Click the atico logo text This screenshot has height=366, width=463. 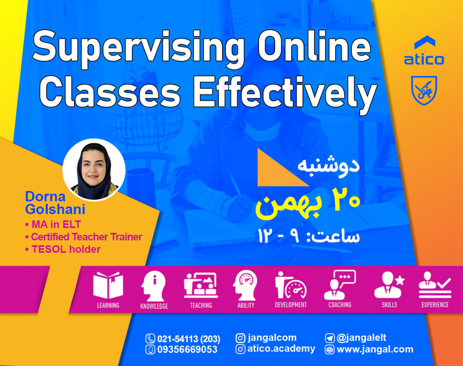pyautogui.click(x=424, y=59)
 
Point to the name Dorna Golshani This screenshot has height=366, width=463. pyautogui.click(x=55, y=203)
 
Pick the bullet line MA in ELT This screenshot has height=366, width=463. pyautogui.click(x=56, y=224)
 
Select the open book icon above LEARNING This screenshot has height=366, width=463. pyautogui.click(x=108, y=285)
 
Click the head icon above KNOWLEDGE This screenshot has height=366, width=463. pyautogui.click(x=154, y=285)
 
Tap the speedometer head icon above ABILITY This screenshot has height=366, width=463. pyautogui.click(x=246, y=285)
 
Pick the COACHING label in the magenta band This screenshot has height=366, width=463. pyautogui.click(x=340, y=305)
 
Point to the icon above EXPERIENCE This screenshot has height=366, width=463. pyautogui.click(x=435, y=285)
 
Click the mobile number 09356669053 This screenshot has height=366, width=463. pyautogui.click(x=187, y=350)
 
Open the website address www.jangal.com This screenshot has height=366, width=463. pyautogui.click(x=375, y=350)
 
